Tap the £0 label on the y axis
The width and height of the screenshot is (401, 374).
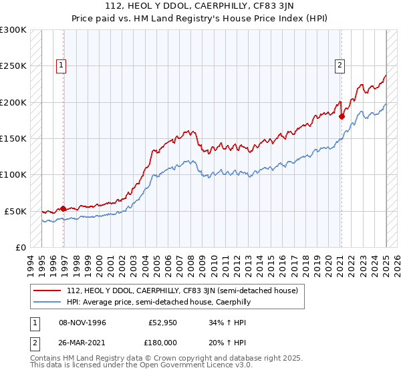click(20, 247)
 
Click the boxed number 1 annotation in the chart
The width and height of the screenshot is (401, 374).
click(61, 65)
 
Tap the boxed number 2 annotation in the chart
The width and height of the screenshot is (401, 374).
click(340, 65)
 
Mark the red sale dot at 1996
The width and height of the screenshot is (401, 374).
click(63, 208)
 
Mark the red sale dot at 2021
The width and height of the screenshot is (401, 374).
click(342, 116)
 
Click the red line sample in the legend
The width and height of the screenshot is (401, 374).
click(48, 291)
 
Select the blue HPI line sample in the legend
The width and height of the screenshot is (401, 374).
click(48, 302)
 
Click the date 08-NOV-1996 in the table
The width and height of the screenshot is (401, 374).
click(83, 323)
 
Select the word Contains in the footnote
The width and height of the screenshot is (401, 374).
click(47, 358)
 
